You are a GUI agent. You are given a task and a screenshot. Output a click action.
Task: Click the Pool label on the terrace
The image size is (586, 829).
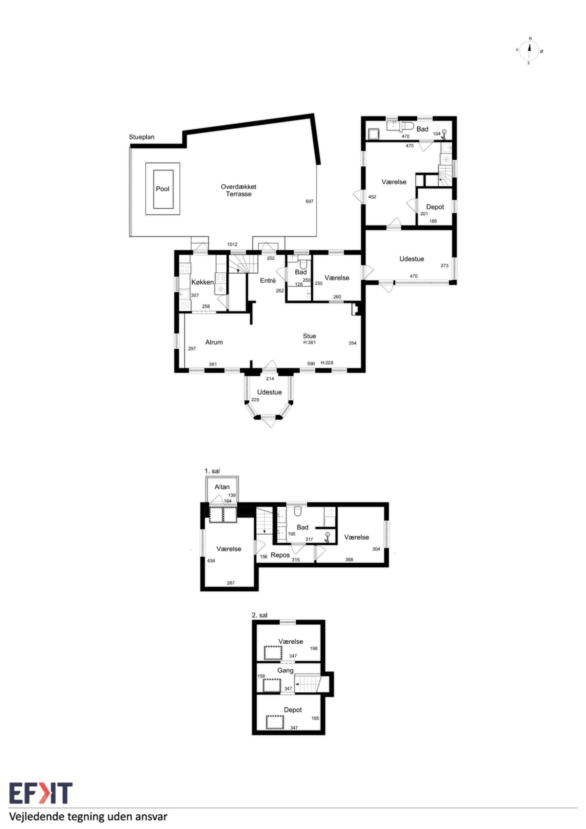(x=163, y=189)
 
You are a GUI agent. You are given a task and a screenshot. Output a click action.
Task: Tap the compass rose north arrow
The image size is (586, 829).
(x=529, y=51)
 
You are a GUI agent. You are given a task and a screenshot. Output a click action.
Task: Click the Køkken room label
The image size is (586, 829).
(x=203, y=282)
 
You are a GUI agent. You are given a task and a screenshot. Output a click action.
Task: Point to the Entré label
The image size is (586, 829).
(x=268, y=280)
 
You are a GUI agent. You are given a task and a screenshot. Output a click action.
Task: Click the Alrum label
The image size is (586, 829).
(x=214, y=342)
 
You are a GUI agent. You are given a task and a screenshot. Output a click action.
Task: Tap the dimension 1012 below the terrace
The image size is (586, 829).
(x=232, y=244)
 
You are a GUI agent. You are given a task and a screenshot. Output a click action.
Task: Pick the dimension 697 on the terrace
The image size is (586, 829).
(x=310, y=201)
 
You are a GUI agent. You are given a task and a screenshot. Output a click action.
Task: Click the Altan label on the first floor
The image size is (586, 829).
(x=222, y=487)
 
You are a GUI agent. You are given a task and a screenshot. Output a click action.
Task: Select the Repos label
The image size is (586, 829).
(x=280, y=555)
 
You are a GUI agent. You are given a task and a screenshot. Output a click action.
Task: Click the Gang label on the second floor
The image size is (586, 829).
(x=285, y=671)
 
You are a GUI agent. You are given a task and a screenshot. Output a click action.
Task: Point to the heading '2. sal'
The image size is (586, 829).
(x=260, y=615)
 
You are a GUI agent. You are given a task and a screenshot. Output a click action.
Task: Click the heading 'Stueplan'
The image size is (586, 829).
(x=141, y=137)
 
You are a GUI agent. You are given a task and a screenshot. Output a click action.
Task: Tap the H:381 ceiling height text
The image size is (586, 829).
(x=310, y=343)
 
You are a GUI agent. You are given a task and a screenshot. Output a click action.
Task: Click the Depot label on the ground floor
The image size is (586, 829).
(x=435, y=207)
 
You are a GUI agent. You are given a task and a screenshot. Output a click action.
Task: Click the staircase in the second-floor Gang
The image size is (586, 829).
(x=308, y=684)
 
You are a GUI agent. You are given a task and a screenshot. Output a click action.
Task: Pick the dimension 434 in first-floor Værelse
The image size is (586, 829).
(x=211, y=561)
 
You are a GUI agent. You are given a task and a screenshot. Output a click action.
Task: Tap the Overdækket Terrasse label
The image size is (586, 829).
(x=239, y=190)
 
